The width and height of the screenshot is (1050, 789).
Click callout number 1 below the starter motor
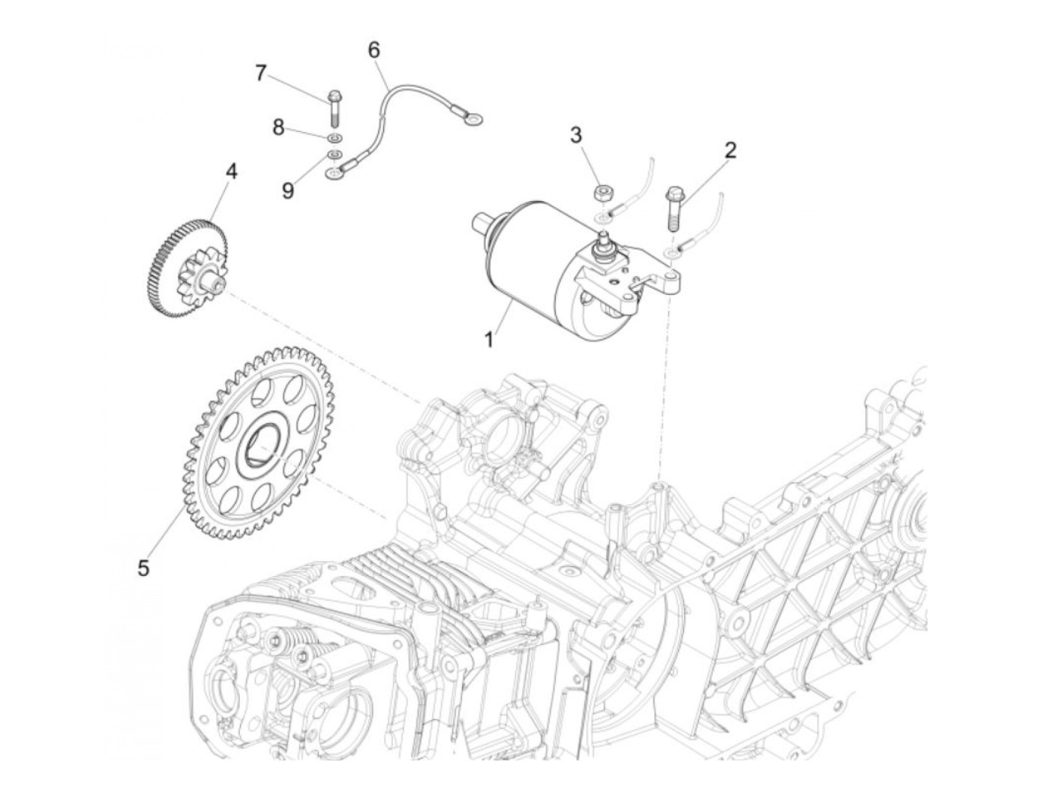tap(489, 339)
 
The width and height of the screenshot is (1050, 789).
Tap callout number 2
tap(730, 150)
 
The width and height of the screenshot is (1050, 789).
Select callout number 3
tap(576, 136)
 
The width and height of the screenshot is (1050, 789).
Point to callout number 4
tap(232, 172)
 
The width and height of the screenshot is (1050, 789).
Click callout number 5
tap(143, 568)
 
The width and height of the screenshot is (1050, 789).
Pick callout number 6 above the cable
tap(373, 50)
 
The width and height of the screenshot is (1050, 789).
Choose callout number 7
tap(261, 73)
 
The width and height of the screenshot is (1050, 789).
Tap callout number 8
tap(278, 127)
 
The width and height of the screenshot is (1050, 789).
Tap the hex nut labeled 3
tap(601, 193)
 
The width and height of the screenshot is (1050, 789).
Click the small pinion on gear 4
tap(193, 280)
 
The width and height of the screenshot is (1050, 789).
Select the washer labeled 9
tap(334, 156)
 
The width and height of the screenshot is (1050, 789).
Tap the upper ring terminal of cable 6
tap(472, 118)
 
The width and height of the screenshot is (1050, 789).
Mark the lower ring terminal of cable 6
tap(332, 174)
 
